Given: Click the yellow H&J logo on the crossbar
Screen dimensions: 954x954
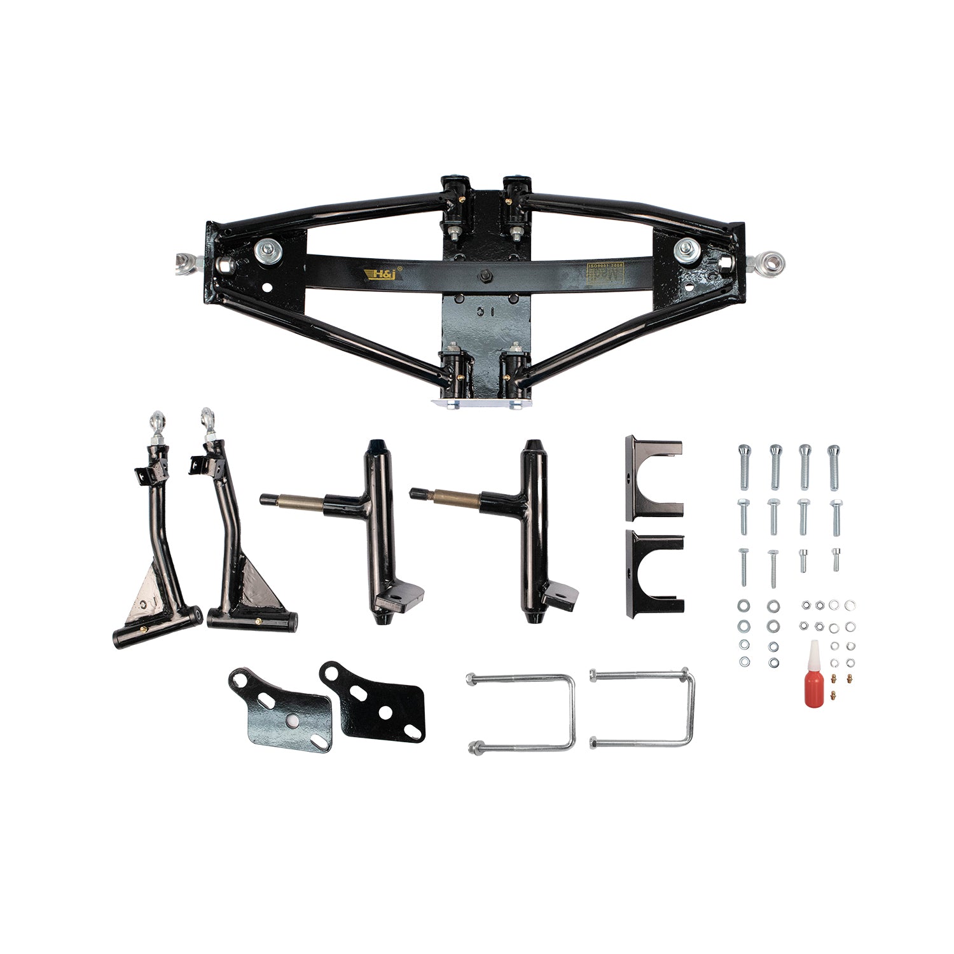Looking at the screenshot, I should [380, 274].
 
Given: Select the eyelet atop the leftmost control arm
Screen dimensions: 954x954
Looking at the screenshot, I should [156, 421].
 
